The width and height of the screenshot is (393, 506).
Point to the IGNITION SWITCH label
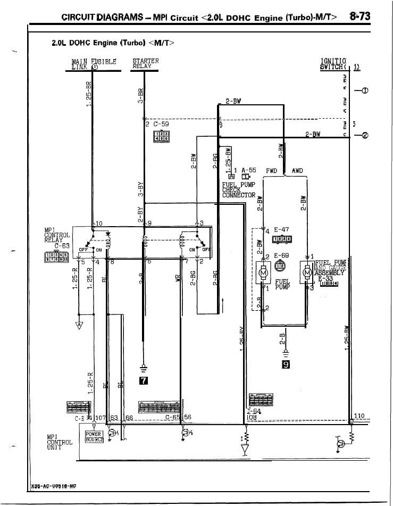(333, 63)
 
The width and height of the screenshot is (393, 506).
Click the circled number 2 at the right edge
(364, 135)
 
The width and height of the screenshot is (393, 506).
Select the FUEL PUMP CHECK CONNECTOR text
(239, 189)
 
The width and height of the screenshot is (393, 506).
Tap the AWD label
(297, 171)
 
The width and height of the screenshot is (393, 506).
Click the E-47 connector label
(281, 230)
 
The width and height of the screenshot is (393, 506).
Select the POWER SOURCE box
(95, 437)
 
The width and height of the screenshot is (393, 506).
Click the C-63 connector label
(63, 246)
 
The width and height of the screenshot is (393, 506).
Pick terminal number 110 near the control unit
(359, 416)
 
